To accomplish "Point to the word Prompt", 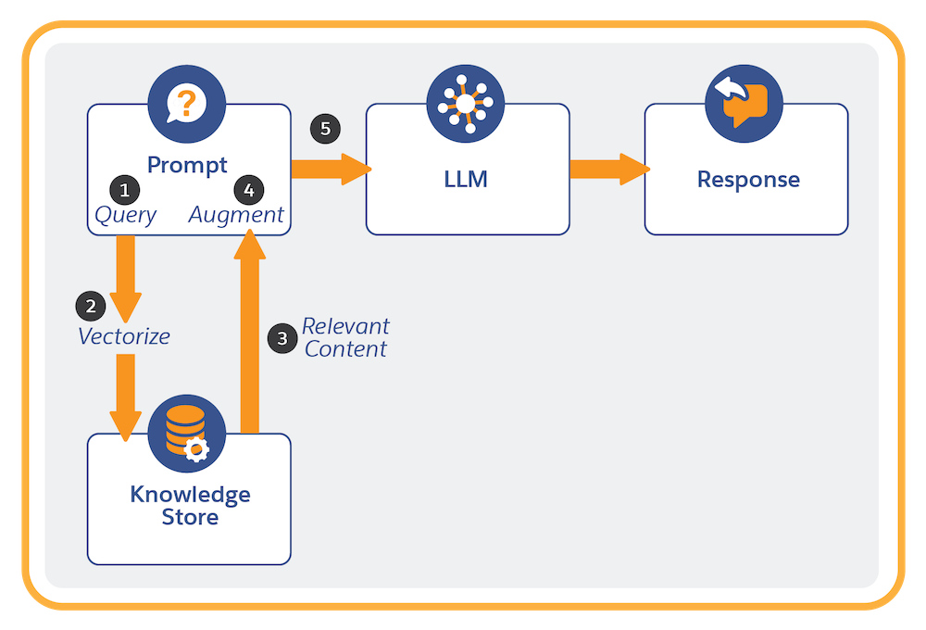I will (187, 166).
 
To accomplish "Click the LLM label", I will (466, 179).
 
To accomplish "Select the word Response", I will (748, 179).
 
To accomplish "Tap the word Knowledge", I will (190, 494).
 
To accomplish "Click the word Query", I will (126, 215).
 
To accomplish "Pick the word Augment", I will (236, 215).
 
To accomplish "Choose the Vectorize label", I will (124, 335).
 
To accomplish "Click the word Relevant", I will (345, 326).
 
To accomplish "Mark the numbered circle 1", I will (125, 190).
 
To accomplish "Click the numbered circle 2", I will (90, 305).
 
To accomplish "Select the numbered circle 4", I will (247, 190).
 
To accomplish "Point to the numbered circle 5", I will (325, 128).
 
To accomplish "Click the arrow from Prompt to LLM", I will (330, 169).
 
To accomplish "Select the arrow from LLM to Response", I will (607, 169).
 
